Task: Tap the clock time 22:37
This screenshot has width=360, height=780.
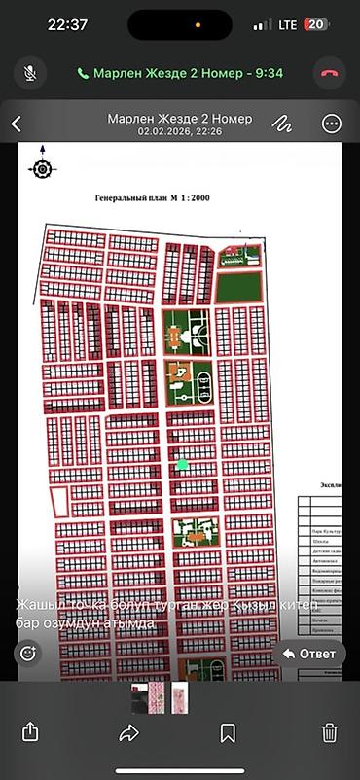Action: [x=67, y=24]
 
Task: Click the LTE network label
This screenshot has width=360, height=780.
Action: [x=287, y=24]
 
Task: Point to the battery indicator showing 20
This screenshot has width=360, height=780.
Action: [x=316, y=24]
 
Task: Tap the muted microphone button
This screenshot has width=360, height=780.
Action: [x=30, y=73]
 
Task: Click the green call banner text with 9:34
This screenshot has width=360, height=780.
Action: [x=180, y=73]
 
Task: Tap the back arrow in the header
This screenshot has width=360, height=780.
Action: [x=17, y=124]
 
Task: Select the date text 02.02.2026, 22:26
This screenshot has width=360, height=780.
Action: [x=180, y=131]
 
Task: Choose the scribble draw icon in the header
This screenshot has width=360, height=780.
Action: [x=282, y=124]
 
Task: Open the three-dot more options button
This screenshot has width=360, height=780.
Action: [x=332, y=124]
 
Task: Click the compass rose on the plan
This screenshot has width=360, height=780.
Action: [x=42, y=167]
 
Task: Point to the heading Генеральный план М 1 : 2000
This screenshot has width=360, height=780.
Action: [x=152, y=198]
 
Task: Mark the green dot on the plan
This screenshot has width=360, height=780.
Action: [x=182, y=465]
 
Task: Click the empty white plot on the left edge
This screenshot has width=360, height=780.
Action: [x=59, y=502]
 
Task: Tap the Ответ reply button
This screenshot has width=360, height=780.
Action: [x=308, y=654]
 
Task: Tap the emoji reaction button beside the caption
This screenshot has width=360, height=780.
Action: [x=27, y=654]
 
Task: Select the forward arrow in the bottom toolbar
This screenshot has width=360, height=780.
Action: [x=129, y=733]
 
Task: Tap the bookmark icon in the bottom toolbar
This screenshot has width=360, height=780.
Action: [x=229, y=733]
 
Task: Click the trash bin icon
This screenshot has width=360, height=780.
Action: [x=330, y=733]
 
